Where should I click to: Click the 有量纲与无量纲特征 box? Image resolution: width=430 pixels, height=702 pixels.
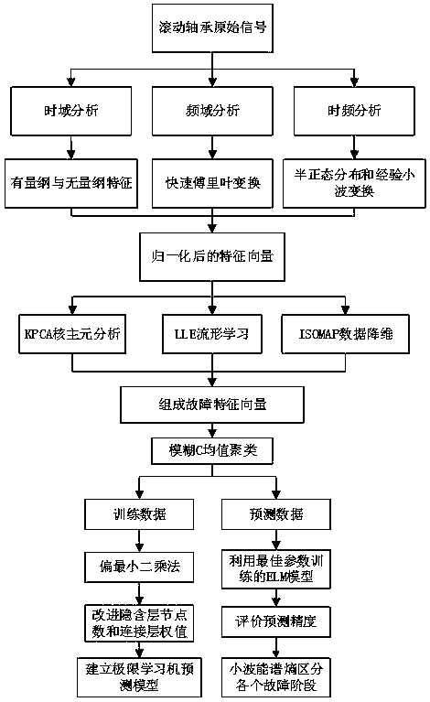tap(70, 181)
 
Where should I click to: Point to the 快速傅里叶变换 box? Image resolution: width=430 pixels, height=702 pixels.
tap(212, 181)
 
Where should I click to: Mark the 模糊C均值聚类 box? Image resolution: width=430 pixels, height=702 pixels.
tap(212, 448)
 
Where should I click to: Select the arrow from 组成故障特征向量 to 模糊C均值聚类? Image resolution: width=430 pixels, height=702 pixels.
tap(212, 427)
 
